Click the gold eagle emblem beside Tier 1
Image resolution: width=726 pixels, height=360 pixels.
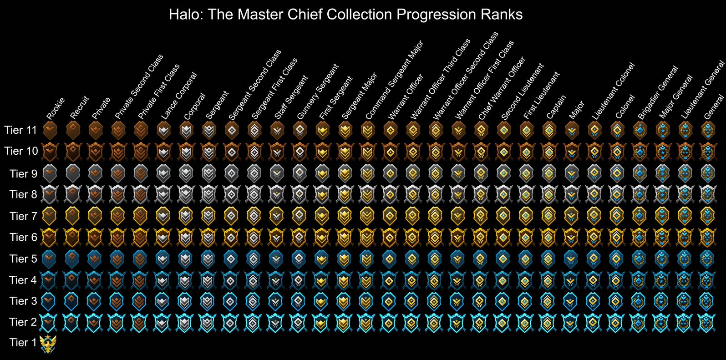pos(48,344)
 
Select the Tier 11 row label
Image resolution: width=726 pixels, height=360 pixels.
pos(20,130)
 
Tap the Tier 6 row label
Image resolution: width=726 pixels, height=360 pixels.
pos(23,237)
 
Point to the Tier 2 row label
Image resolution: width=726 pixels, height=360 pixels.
pos(23,322)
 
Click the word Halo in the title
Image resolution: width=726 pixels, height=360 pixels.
pos(184,15)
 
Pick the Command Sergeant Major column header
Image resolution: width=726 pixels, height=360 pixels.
pos(394,80)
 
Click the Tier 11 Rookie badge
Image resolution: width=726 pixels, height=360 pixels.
pos(49,131)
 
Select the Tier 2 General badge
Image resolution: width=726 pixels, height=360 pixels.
pos(707,322)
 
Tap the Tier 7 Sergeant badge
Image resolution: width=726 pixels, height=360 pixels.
pos(208,216)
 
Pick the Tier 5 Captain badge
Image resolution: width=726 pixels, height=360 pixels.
pos(548,259)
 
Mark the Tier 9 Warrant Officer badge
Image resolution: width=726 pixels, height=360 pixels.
pos(390,173)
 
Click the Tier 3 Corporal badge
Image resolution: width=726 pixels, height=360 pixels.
pos(185,301)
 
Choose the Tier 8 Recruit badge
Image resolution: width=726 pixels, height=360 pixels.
pos(72,194)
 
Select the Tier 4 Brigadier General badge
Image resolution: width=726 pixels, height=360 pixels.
pos(639,280)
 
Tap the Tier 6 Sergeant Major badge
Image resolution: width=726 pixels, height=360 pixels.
pos(345,237)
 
